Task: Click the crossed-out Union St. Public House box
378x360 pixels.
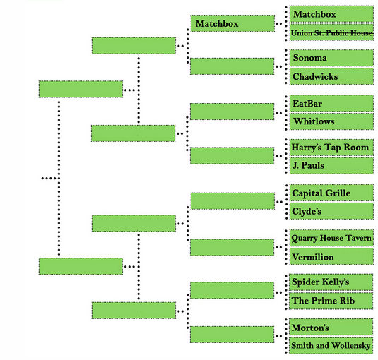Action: (x=331, y=32)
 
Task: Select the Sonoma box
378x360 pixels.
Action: (x=331, y=58)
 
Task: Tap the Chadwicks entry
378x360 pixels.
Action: (x=331, y=76)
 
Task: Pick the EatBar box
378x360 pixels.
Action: (x=331, y=103)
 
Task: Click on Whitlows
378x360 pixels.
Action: (x=331, y=121)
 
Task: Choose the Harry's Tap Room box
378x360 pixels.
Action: (x=331, y=148)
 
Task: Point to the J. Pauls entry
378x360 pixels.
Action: (x=331, y=166)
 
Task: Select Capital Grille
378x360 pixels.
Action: (x=331, y=193)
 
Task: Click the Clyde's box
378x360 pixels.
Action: (x=331, y=211)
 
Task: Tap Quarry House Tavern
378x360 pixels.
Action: (x=331, y=238)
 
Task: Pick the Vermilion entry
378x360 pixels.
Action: (x=331, y=256)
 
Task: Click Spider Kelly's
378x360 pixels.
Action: (x=331, y=282)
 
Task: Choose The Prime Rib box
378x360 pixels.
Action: (x=331, y=301)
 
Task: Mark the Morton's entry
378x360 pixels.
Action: (x=331, y=327)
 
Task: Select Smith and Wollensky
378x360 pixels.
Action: (x=331, y=346)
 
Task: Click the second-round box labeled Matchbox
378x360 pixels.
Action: (x=232, y=23)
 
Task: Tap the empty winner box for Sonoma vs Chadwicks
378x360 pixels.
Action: (x=232, y=66)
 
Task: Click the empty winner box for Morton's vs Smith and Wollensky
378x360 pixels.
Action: (x=232, y=335)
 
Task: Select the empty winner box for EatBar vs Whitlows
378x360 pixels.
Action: (x=232, y=112)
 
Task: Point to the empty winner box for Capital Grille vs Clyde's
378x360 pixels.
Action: (x=232, y=201)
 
